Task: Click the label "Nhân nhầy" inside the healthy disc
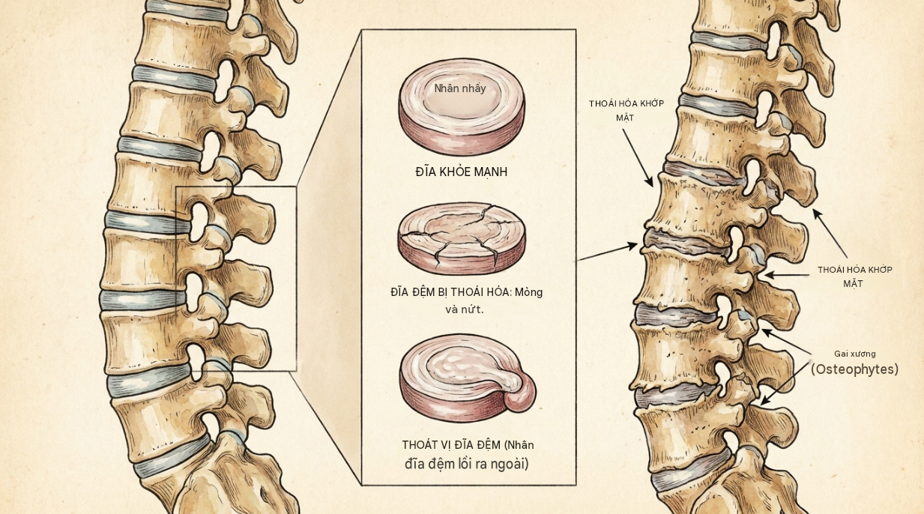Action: (460, 88)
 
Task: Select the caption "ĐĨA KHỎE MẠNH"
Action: (461, 172)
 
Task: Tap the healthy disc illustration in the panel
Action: (462, 106)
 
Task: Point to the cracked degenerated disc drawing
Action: (462, 238)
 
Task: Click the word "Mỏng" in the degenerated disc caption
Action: (529, 292)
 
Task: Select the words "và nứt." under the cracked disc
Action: (465, 309)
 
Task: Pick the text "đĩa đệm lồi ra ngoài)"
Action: (467, 464)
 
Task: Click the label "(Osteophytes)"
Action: (855, 369)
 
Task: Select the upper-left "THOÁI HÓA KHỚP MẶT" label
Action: (626, 111)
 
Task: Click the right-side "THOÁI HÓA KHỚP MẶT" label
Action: (855, 276)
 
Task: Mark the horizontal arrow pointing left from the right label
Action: (787, 275)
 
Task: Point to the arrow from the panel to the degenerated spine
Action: (607, 252)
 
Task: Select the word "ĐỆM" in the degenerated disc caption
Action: (428, 292)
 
